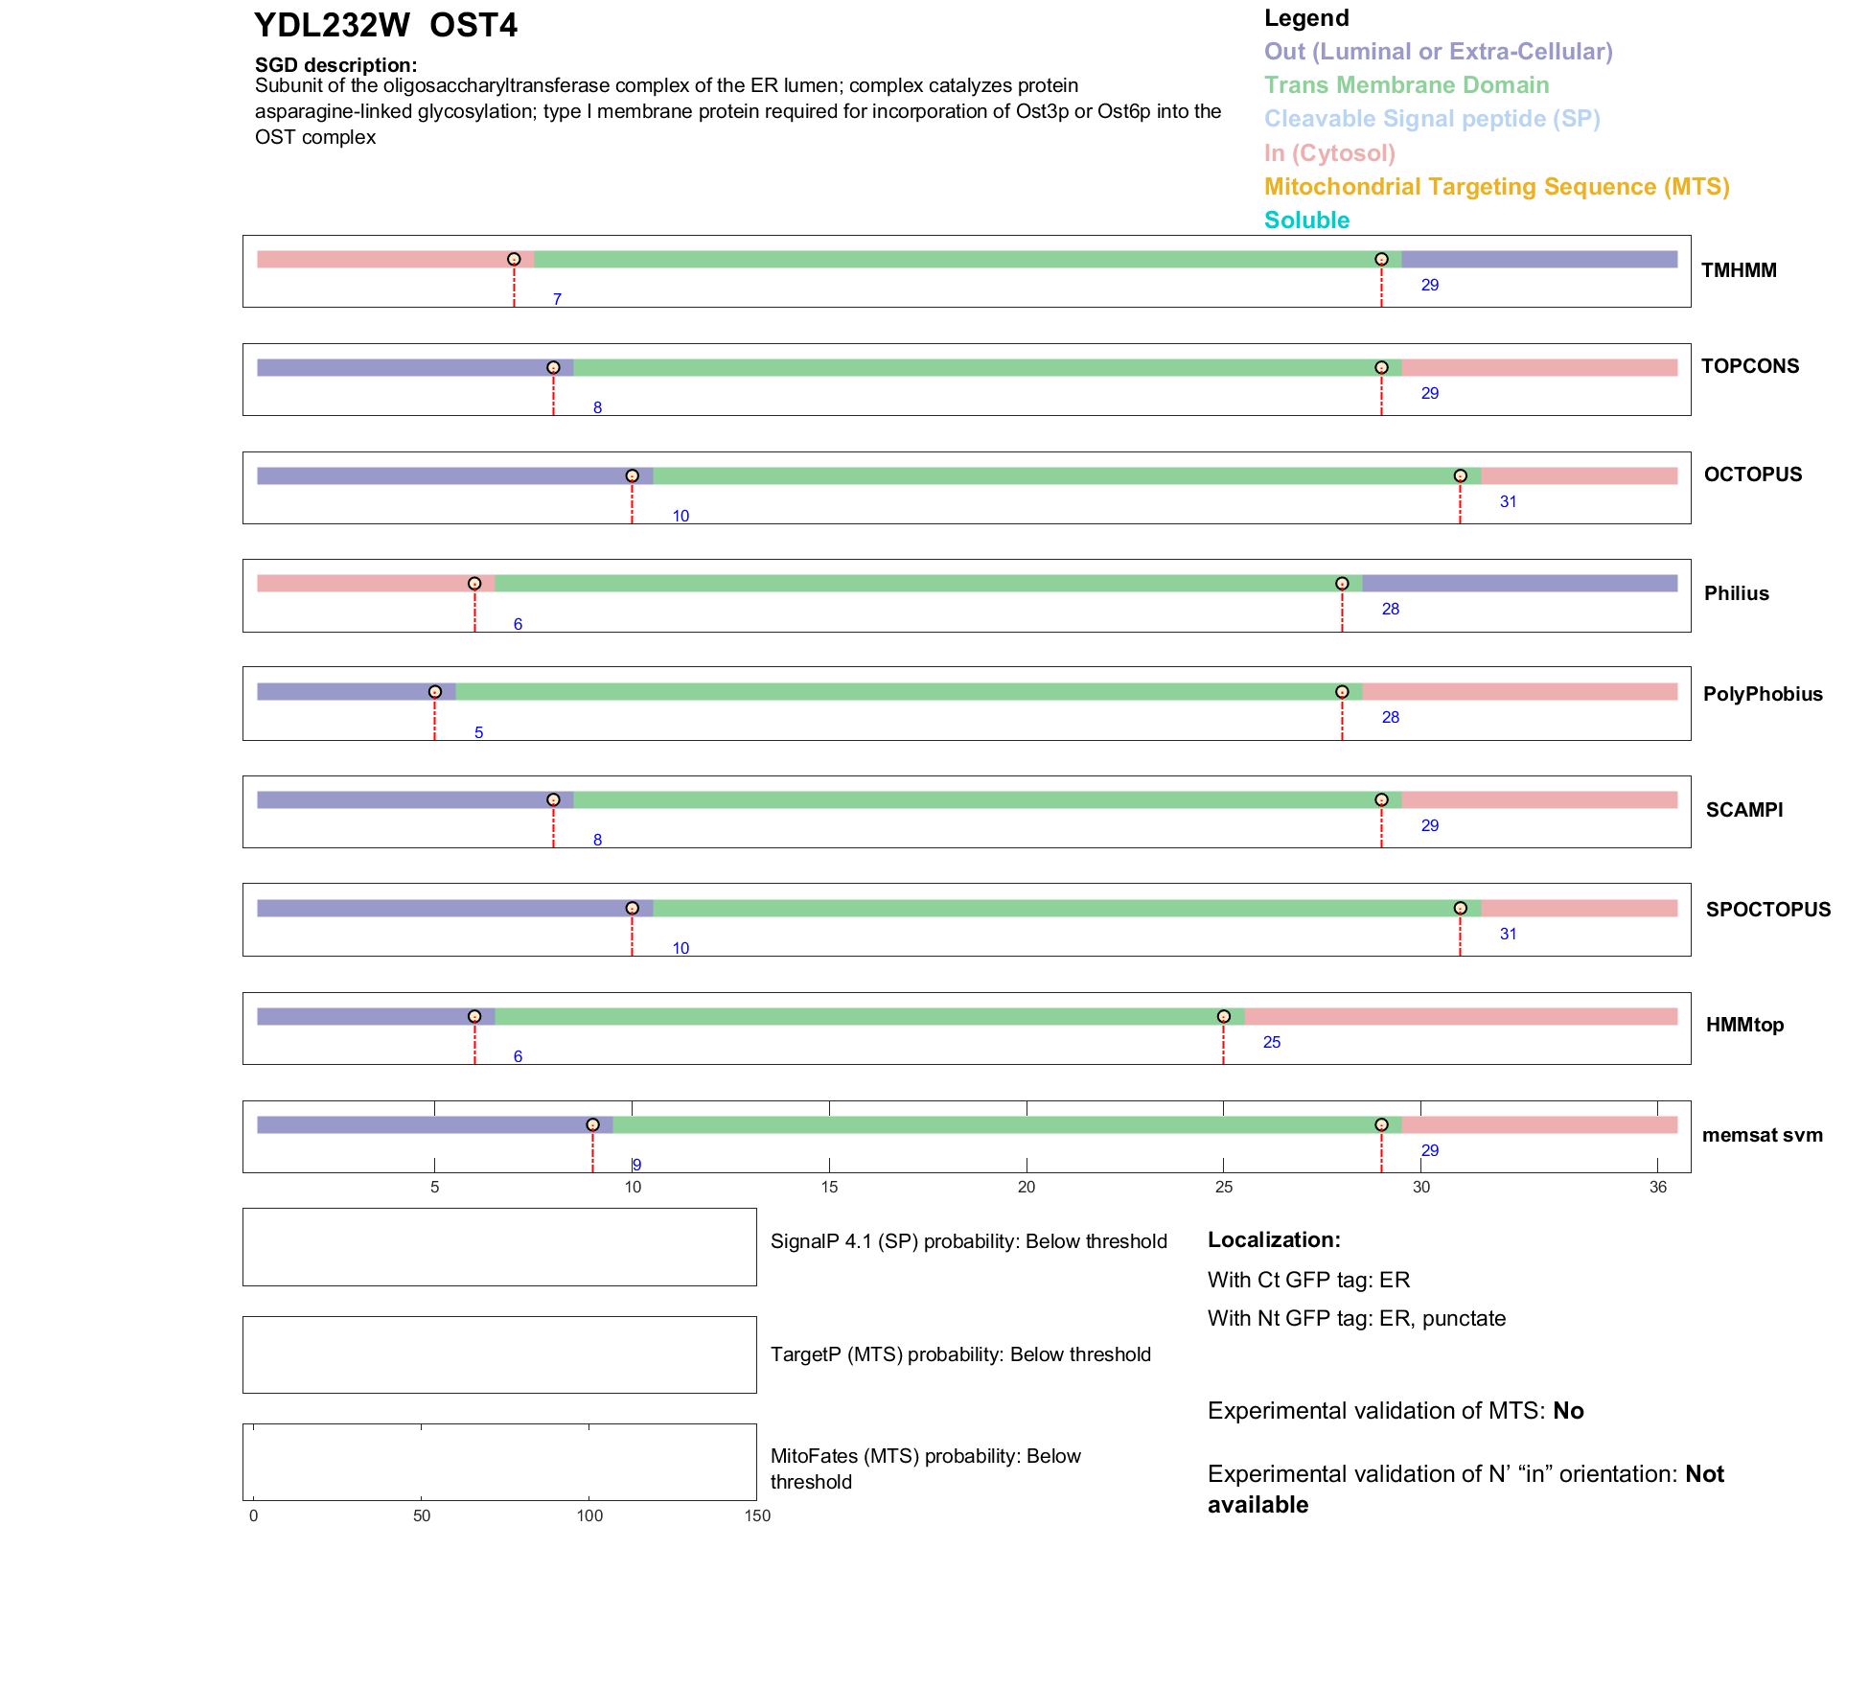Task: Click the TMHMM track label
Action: (1738, 270)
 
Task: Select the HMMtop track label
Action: (1744, 1025)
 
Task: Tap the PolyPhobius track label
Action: (1762, 694)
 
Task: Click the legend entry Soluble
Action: (1306, 220)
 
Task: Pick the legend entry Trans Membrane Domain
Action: (1406, 85)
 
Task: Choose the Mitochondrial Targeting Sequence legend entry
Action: (1496, 187)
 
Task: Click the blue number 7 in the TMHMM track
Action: (557, 300)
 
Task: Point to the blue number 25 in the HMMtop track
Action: (1271, 1043)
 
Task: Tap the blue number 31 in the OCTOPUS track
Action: (1508, 502)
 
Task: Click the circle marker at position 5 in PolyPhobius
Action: (435, 692)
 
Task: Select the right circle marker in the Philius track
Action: (1342, 584)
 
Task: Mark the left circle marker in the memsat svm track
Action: (592, 1125)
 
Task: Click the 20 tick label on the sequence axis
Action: (1027, 1188)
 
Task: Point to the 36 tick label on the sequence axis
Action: (1657, 1188)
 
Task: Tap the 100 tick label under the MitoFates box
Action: (589, 1516)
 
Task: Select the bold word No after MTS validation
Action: (1568, 1411)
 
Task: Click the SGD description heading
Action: (335, 65)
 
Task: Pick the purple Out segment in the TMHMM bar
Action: (1538, 260)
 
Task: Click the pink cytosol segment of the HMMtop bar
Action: (1460, 1017)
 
